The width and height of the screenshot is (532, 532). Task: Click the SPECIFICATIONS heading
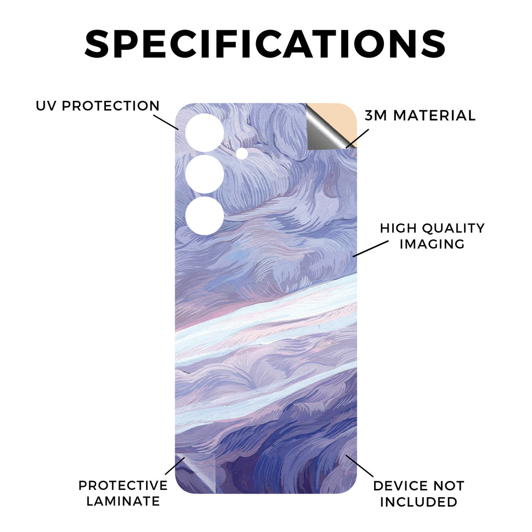point(265,44)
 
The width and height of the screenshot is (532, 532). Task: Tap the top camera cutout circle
point(205,132)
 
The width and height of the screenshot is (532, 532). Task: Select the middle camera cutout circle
point(205,175)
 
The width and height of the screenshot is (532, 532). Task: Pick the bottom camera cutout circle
point(205,216)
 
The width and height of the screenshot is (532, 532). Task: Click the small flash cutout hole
point(242,153)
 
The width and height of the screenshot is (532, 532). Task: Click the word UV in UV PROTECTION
point(47,106)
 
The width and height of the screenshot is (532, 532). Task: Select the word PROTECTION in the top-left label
point(111,106)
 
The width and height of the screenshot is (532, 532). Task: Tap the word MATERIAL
point(435,116)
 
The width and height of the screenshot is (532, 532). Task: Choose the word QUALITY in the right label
point(454,229)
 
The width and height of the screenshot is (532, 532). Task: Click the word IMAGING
point(432,244)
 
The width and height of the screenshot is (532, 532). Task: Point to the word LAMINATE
point(123,501)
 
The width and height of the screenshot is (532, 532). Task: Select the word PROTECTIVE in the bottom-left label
point(123,486)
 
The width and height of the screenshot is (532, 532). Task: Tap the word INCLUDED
point(419,502)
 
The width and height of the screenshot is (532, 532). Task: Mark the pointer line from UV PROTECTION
point(166,122)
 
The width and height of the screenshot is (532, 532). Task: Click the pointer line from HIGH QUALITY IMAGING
point(370,249)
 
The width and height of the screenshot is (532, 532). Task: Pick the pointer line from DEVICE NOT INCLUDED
point(360,467)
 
